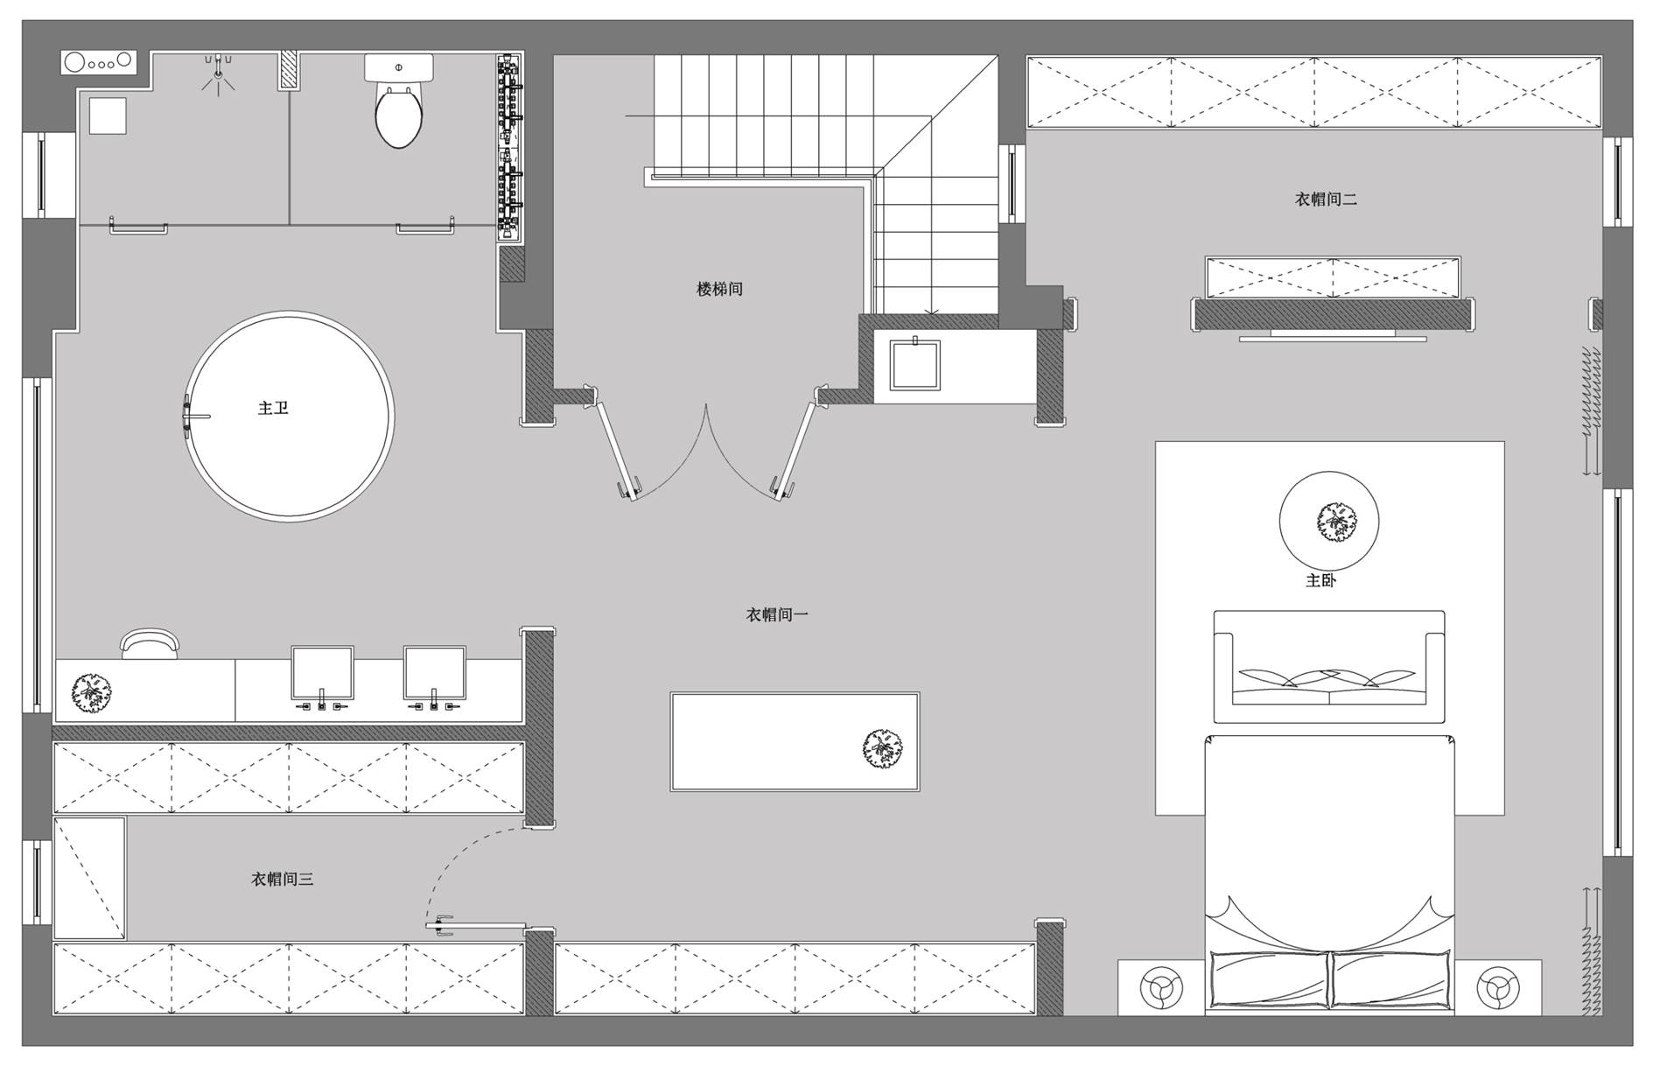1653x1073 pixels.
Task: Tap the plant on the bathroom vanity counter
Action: pos(90,691)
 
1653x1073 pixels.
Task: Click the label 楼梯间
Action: pos(719,289)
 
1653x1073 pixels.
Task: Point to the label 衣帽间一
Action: pos(777,615)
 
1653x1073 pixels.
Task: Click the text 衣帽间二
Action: pos(1326,200)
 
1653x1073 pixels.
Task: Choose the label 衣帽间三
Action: pos(282,880)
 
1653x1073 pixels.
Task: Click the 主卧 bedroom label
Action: pos(1320,580)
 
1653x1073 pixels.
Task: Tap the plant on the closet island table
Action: pos(882,748)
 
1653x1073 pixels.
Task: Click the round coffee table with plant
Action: pos(1329,522)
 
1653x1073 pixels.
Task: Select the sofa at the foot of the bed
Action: pos(1328,667)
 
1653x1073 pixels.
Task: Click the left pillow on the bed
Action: pos(1269,978)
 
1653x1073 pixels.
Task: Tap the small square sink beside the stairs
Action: pos(914,365)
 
